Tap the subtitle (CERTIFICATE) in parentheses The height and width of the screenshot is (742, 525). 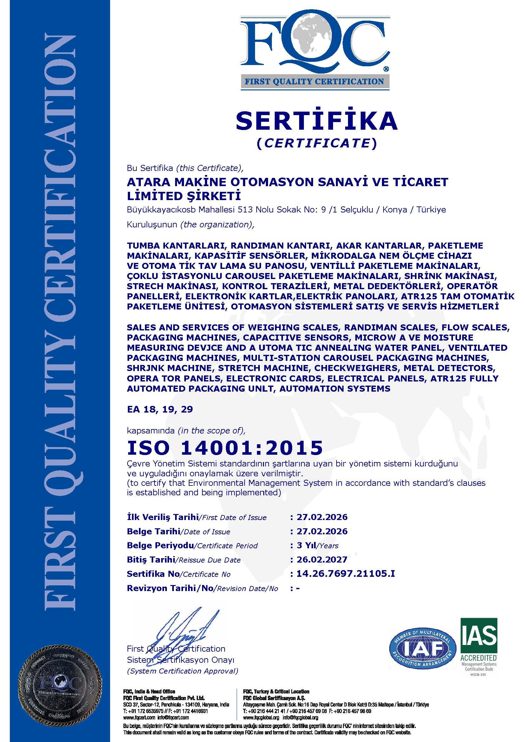click(317, 143)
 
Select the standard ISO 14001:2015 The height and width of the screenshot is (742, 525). click(225, 448)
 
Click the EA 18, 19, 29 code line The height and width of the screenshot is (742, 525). click(160, 409)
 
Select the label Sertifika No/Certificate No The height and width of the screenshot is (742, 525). click(179, 574)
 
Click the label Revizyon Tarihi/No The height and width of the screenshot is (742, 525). click(170, 588)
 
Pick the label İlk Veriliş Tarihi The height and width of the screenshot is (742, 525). click(162, 517)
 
